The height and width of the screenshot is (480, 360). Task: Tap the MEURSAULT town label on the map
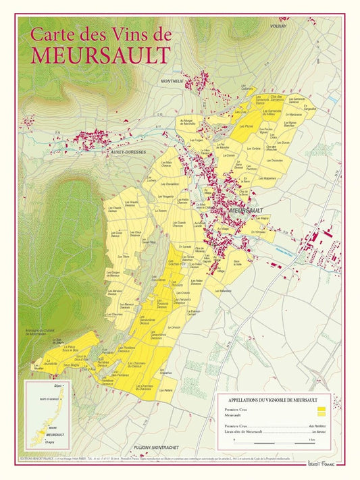(x=246, y=211)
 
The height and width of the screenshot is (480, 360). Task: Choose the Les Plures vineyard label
(x=246, y=126)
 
